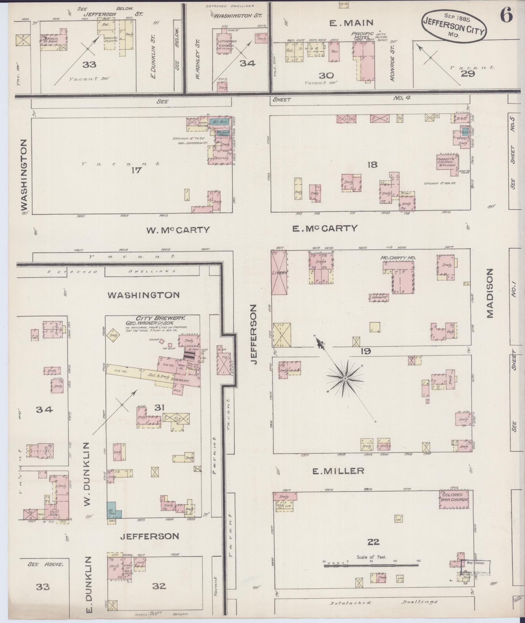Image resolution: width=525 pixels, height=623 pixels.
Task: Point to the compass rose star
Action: (x=345, y=378)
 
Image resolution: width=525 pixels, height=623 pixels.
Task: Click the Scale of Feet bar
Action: (x=371, y=566)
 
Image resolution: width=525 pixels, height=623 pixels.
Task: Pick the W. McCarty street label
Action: (x=178, y=230)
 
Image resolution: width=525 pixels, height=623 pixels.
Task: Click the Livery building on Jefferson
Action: (x=279, y=272)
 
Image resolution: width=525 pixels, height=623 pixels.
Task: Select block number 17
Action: (x=136, y=170)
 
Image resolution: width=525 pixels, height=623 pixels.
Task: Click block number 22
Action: (x=373, y=542)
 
